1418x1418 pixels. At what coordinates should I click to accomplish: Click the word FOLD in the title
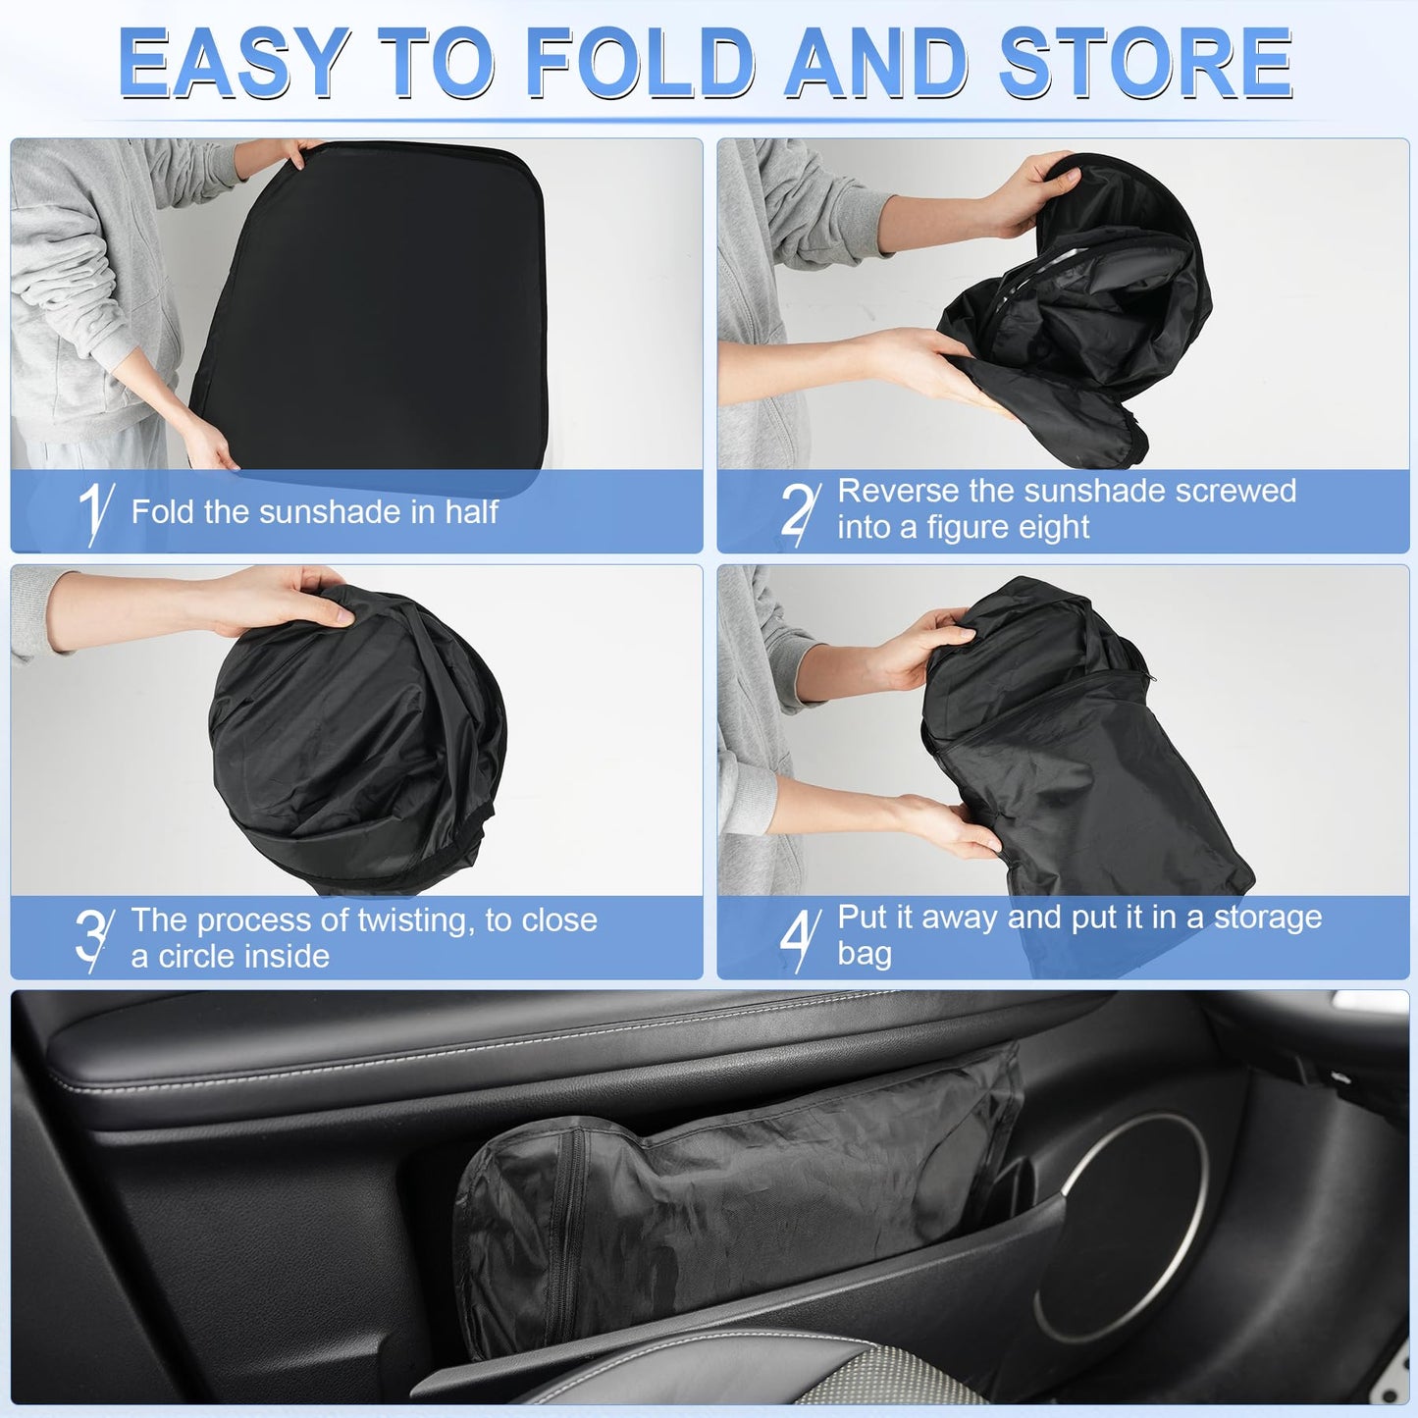(641, 64)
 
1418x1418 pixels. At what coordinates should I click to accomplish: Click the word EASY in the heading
(234, 64)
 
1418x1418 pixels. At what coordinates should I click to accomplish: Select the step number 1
(95, 512)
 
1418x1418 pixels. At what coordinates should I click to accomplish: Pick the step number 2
(799, 510)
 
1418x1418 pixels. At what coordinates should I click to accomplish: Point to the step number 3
(92, 938)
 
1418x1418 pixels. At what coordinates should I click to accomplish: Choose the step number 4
(799, 938)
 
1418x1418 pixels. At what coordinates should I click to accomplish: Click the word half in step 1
(472, 511)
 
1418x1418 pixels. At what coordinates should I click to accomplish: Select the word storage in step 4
(1268, 918)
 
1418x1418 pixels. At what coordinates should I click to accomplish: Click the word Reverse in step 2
(898, 491)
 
